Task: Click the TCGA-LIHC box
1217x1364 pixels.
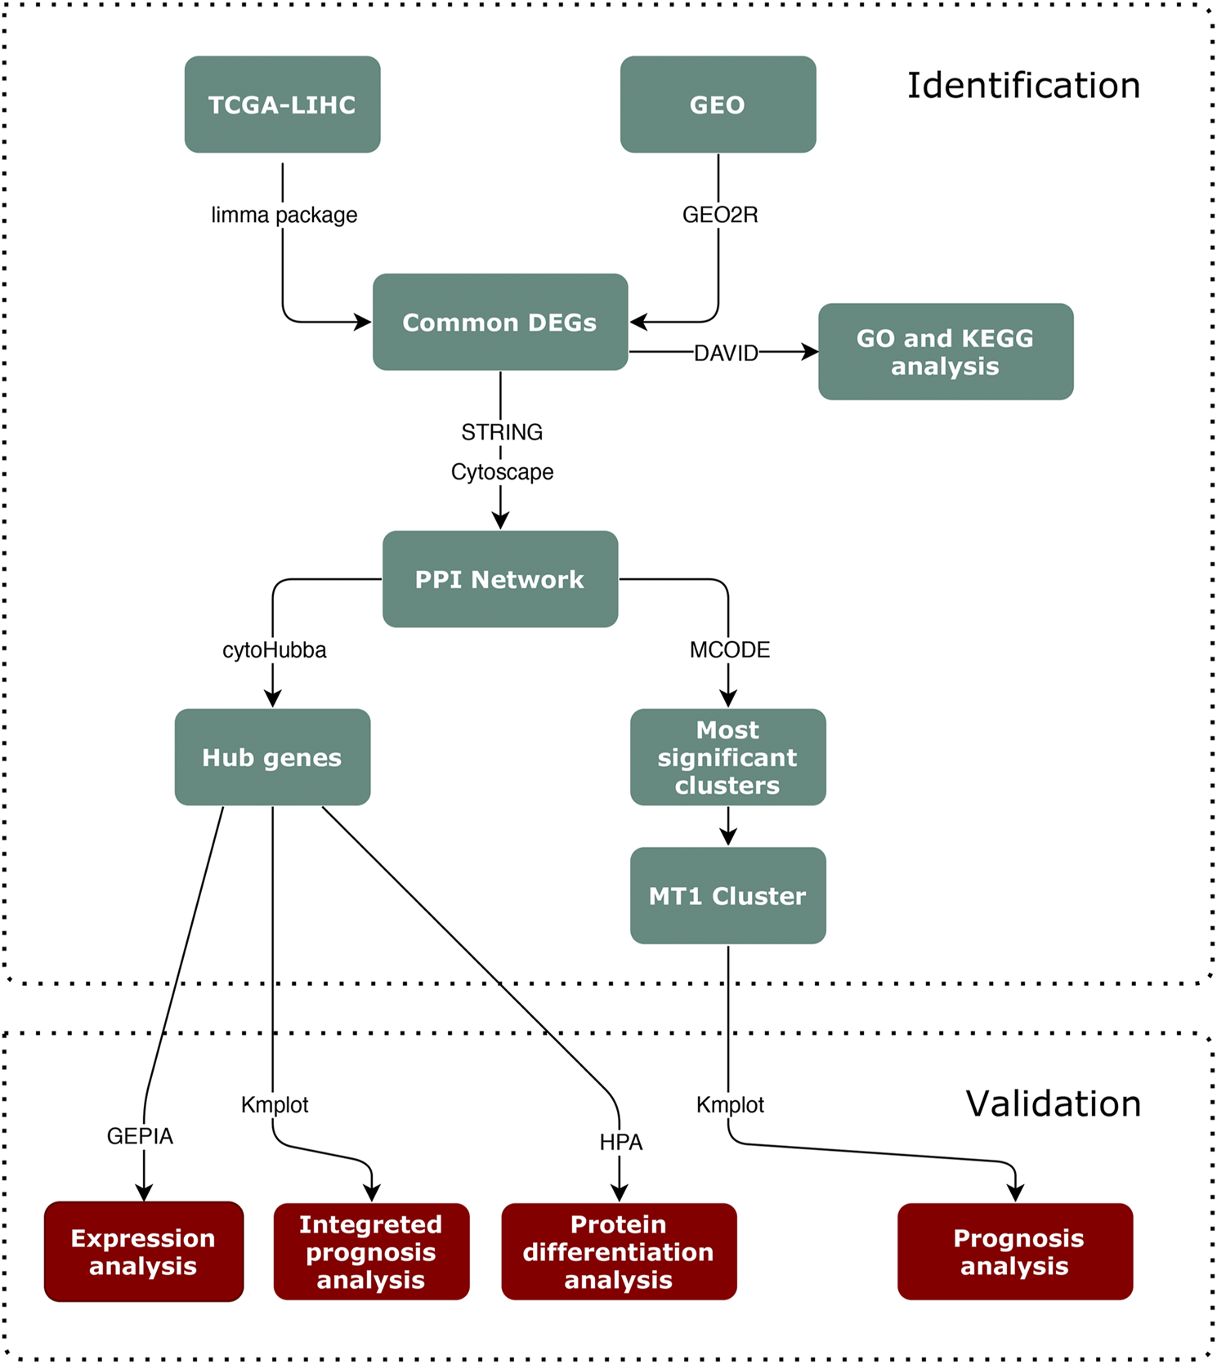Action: coord(282,105)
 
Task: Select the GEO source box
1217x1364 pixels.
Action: coord(718,105)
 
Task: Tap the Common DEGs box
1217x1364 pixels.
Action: coord(500,322)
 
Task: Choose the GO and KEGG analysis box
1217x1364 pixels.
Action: coord(946,351)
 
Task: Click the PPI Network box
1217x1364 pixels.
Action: coord(500,579)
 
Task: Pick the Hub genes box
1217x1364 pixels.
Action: coord(272,757)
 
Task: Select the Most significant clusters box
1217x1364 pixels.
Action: coord(727,757)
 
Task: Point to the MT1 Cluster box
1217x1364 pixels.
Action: coord(727,895)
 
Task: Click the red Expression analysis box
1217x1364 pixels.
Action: coord(144,1251)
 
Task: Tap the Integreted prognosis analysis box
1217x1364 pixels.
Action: coord(371,1251)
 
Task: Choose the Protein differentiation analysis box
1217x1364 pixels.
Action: coord(619,1251)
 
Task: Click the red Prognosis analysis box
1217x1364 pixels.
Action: coord(1015,1251)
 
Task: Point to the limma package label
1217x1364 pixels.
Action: coord(284,215)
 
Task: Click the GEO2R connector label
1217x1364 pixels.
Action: coord(720,215)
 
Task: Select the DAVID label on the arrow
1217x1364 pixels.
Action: coord(726,354)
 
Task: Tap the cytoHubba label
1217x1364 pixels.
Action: coord(275,650)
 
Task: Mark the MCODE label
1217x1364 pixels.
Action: coord(730,650)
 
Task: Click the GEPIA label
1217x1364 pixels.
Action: coord(140,1136)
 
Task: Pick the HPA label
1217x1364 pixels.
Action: coord(621,1143)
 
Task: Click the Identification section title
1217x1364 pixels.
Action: coord(1023,86)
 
